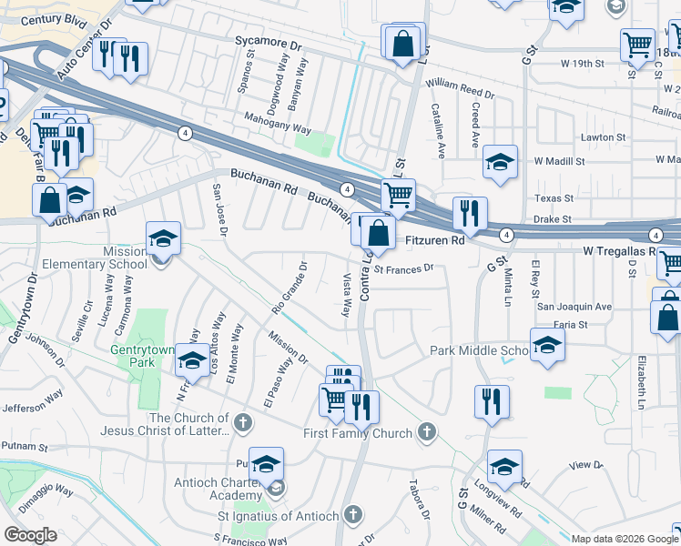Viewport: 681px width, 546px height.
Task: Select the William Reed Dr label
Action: (x=459, y=88)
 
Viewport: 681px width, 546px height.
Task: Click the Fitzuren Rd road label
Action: (x=433, y=241)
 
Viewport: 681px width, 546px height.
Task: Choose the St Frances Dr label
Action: (x=407, y=268)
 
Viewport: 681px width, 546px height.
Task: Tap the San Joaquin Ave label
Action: (x=574, y=307)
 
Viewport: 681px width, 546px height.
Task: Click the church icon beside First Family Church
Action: (x=424, y=431)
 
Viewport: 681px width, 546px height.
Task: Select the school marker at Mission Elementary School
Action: (x=163, y=239)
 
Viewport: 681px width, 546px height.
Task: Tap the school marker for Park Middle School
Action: (x=547, y=346)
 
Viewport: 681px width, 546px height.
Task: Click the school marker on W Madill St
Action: (x=500, y=163)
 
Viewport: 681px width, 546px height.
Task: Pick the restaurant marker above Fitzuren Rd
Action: (x=470, y=214)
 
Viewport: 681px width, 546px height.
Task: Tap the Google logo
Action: (x=30, y=535)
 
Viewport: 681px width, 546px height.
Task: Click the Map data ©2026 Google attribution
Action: (x=624, y=539)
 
